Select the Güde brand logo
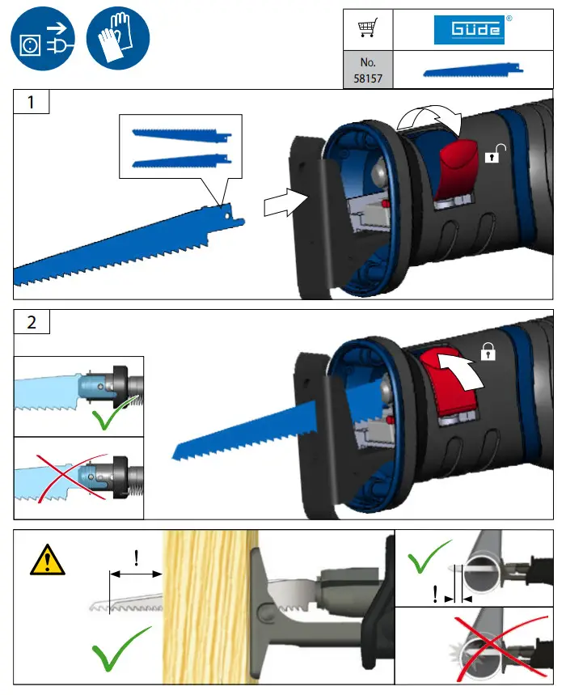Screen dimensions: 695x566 [x=469, y=30]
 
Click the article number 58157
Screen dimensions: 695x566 [x=368, y=71]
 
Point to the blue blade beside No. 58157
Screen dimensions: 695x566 [x=469, y=72]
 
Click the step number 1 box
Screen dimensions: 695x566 [x=32, y=103]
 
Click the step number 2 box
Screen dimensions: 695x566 [x=32, y=321]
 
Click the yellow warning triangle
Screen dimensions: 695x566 [x=46, y=561]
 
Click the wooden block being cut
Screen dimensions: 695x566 [x=209, y=607]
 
